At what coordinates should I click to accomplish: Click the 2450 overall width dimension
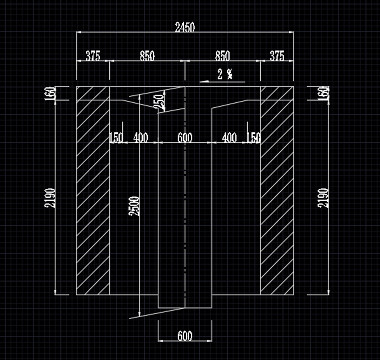[185, 27]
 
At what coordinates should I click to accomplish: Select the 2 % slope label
[225, 74]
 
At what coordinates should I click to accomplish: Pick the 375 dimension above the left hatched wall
[93, 55]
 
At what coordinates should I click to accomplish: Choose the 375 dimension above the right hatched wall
[276, 55]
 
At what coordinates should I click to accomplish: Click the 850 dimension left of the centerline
[147, 55]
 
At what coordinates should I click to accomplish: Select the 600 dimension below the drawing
[185, 336]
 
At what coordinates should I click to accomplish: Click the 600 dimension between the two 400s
[185, 137]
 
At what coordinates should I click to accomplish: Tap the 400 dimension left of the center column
[141, 137]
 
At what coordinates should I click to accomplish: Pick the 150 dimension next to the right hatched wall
[253, 137]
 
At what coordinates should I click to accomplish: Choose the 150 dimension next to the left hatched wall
[116, 137]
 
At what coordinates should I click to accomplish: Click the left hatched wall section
[93, 190]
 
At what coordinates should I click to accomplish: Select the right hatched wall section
[276, 190]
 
